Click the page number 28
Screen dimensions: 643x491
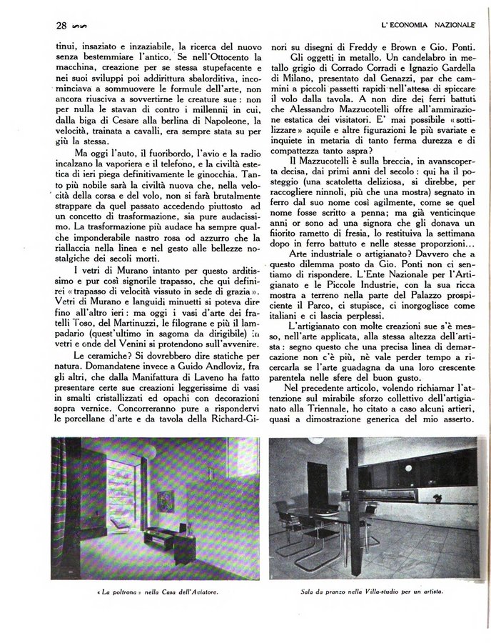point(61,26)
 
